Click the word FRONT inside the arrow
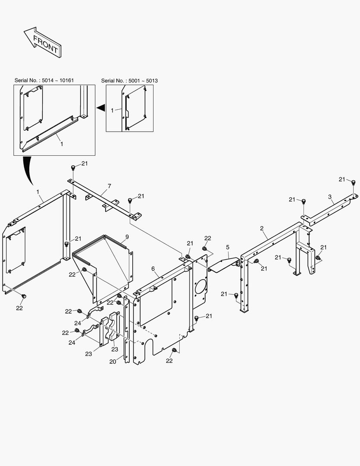tap(45, 44)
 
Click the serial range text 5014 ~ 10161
tap(58, 80)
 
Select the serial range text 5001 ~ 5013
tap(143, 81)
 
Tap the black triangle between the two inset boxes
tap(101, 107)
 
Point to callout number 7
tap(110, 186)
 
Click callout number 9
tap(127, 237)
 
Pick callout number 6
tap(153, 269)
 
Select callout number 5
tap(228, 247)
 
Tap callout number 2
tap(262, 228)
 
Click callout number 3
tap(330, 197)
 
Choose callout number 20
tap(113, 362)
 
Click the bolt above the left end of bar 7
tap(73, 168)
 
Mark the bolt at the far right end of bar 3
tap(354, 182)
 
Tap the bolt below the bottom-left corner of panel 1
tap(24, 296)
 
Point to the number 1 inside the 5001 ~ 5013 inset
tap(112, 110)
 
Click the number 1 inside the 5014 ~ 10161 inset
tap(62, 144)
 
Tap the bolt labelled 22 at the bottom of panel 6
tap(174, 351)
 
